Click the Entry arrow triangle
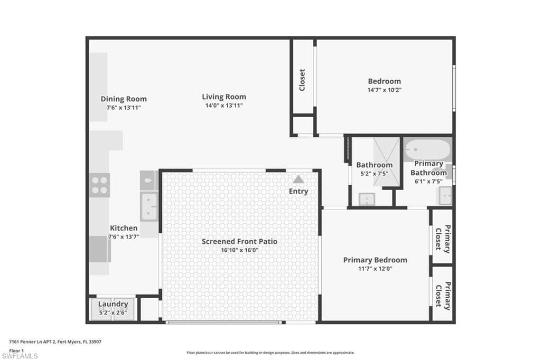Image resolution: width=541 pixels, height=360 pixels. pyautogui.click(x=299, y=179)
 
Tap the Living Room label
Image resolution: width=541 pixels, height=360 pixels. pyautogui.click(x=224, y=97)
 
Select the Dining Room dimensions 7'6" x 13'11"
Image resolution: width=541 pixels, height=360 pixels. pyautogui.click(x=124, y=108)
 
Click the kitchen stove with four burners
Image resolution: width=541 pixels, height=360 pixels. pyautogui.click(x=99, y=185)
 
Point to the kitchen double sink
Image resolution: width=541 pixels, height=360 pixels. pyautogui.click(x=149, y=207)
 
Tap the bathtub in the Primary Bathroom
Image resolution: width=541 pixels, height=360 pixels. pyautogui.click(x=428, y=149)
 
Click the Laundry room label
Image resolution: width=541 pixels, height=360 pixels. pyautogui.click(x=113, y=304)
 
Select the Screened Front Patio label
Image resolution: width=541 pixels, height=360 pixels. pyautogui.click(x=239, y=241)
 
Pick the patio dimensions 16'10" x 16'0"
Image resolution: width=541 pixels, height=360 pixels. pyautogui.click(x=239, y=250)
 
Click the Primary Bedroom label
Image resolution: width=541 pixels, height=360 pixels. pyautogui.click(x=375, y=260)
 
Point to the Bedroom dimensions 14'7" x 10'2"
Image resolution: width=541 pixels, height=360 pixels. pyautogui.click(x=385, y=90)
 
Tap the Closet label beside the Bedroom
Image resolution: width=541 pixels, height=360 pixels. pyautogui.click(x=302, y=80)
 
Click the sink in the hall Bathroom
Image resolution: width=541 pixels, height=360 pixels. pyautogui.click(x=367, y=199)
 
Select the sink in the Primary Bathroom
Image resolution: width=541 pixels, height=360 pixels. pyautogui.click(x=445, y=196)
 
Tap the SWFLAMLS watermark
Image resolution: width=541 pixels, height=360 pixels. pyautogui.click(x=20, y=356)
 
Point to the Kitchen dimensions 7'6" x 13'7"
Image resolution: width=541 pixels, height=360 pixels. pyautogui.click(x=124, y=237)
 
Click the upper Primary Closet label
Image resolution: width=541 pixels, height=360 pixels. pyautogui.click(x=443, y=238)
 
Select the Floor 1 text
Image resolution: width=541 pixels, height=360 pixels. pyautogui.click(x=16, y=350)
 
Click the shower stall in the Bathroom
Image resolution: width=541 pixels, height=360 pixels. pyautogui.click(x=386, y=162)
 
